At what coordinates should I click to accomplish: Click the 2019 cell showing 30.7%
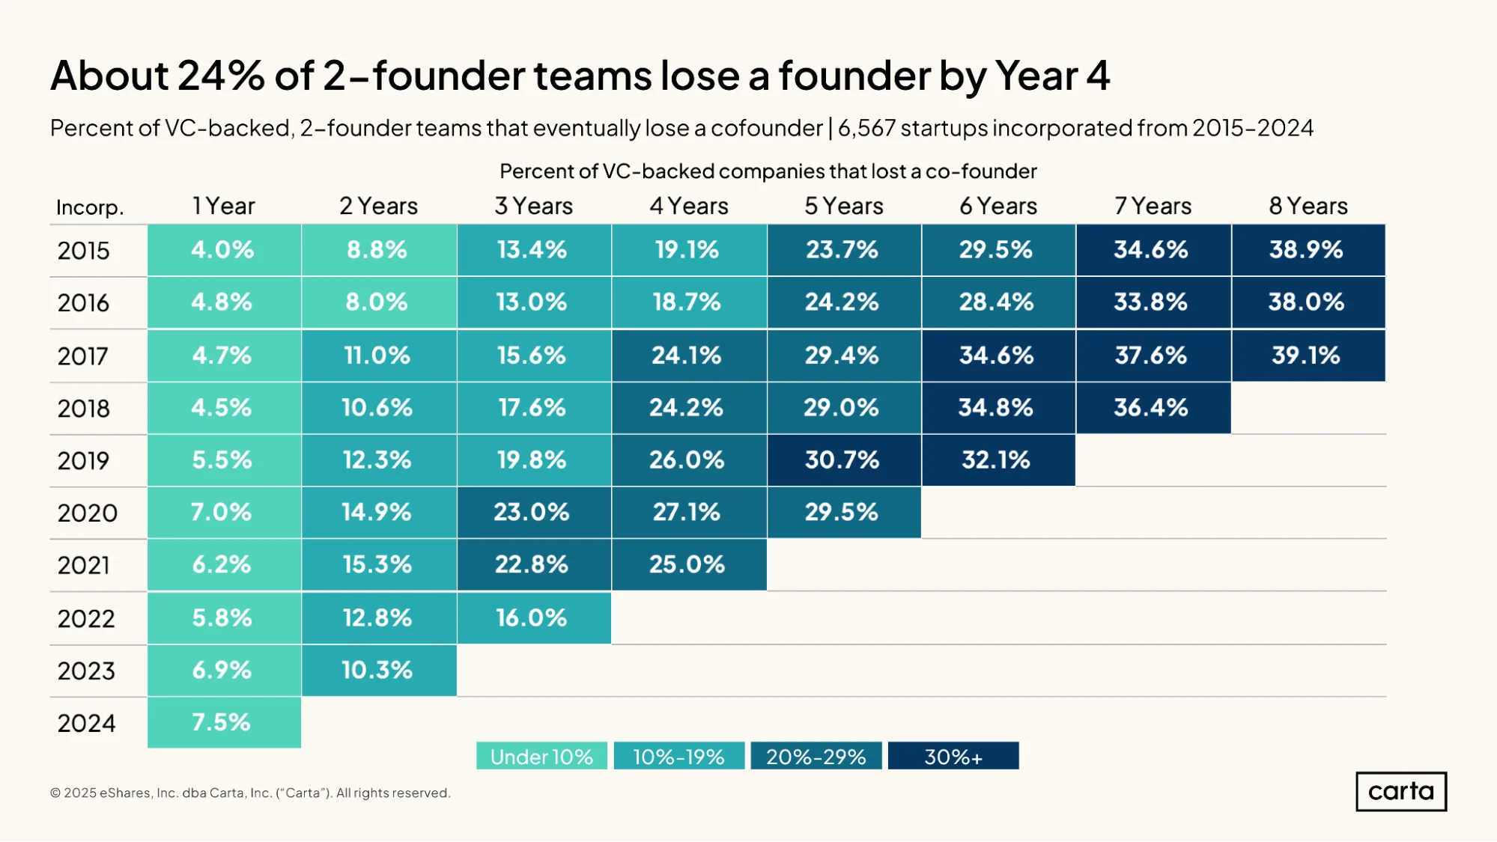[x=844, y=460]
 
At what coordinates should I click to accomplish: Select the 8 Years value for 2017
[x=1308, y=356]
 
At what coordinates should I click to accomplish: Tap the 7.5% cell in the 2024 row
[x=224, y=723]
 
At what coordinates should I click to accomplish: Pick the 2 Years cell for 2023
[x=379, y=671]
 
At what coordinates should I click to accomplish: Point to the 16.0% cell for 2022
[x=534, y=618]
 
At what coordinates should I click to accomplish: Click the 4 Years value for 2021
[x=689, y=565]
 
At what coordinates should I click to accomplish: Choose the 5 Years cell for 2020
[x=844, y=513]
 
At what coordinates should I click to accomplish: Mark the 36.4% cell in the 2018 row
[x=1153, y=408]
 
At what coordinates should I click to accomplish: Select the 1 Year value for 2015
[x=224, y=250]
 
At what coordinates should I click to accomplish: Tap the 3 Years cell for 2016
[x=534, y=302]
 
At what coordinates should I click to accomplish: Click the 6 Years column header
[x=998, y=206]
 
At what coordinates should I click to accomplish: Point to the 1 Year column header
[x=223, y=206]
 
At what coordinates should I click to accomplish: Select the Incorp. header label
[x=90, y=207]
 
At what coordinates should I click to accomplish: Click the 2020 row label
[x=88, y=513]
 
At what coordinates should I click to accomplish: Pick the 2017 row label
[x=83, y=356]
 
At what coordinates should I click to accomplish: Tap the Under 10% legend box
[x=541, y=756]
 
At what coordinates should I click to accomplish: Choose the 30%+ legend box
[x=953, y=756]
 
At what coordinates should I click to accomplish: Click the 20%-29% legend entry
[x=816, y=756]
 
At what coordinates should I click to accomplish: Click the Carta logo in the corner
[x=1401, y=792]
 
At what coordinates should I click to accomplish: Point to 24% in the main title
[x=221, y=76]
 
